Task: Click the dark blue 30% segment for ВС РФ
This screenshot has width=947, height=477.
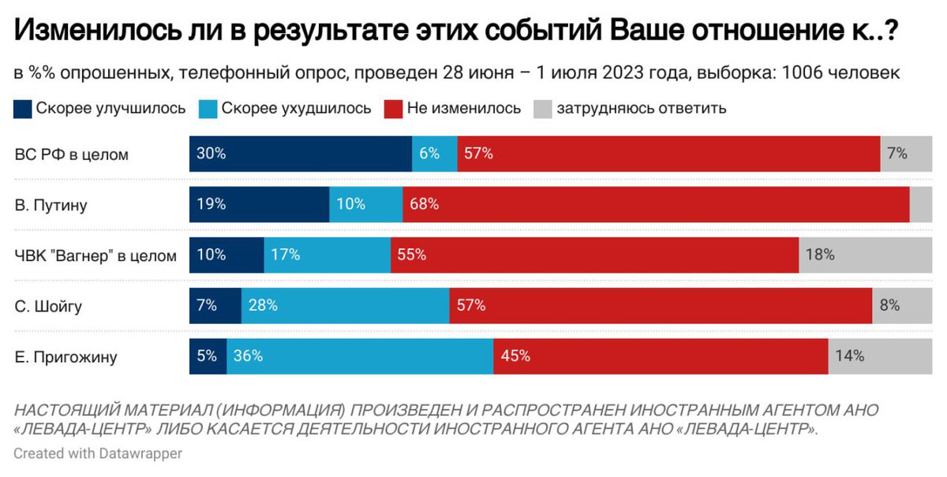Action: pos(300,154)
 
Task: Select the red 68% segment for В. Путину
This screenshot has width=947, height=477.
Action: pos(655,204)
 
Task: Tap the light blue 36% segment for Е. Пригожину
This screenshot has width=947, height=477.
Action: pos(360,356)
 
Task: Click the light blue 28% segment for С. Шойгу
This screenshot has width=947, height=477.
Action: pos(345,305)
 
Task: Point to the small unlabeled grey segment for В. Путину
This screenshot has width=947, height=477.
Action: pos(920,204)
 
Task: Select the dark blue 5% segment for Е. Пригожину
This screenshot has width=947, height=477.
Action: pos(208,356)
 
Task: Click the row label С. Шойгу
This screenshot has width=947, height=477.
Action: pos(49,306)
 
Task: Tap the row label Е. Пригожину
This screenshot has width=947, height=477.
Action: pos(66,357)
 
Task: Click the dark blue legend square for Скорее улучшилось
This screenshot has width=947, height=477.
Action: pos(23,108)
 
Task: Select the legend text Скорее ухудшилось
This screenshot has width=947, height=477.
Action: pos(296,108)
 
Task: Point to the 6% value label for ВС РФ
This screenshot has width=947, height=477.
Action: pos(429,154)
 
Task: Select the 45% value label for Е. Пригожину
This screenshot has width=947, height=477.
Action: pos(515,356)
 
